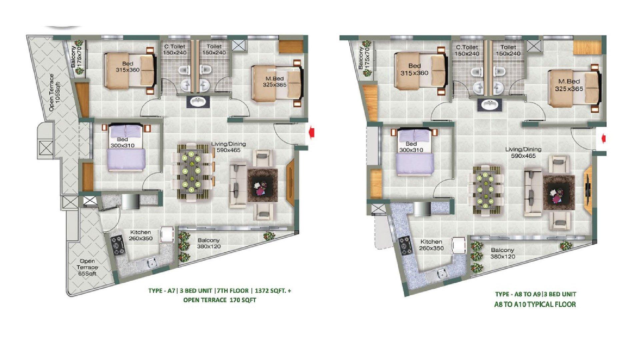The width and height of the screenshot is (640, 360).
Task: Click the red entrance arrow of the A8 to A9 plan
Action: [x=602, y=137]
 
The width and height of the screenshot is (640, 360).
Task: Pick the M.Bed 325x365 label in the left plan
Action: [x=274, y=81]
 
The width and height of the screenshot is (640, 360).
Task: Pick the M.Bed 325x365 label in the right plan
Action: [x=569, y=85]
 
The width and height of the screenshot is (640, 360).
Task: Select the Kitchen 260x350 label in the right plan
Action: [x=431, y=245]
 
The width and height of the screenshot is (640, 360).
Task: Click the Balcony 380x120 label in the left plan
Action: [x=209, y=243]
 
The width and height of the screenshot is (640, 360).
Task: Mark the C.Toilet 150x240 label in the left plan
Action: [x=174, y=49]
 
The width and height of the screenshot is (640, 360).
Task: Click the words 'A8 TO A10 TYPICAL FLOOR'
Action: [x=535, y=304]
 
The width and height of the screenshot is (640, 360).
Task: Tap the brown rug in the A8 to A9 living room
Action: [x=559, y=192]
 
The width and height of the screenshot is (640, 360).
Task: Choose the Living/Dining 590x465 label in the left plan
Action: [x=228, y=147]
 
